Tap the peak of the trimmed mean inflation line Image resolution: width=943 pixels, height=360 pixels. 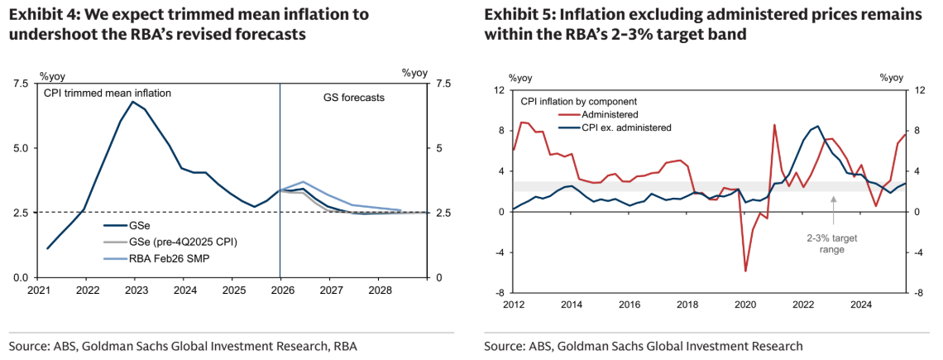pos(133,102)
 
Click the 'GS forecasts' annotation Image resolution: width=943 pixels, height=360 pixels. pos(353,98)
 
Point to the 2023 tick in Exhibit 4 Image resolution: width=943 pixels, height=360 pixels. pos(136,290)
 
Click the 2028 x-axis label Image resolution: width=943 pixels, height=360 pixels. pos(380,290)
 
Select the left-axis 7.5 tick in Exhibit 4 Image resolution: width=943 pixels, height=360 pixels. pos(21,84)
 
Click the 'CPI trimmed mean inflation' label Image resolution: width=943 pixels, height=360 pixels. pos(107,94)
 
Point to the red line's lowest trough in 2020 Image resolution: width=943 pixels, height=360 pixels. pos(745,271)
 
